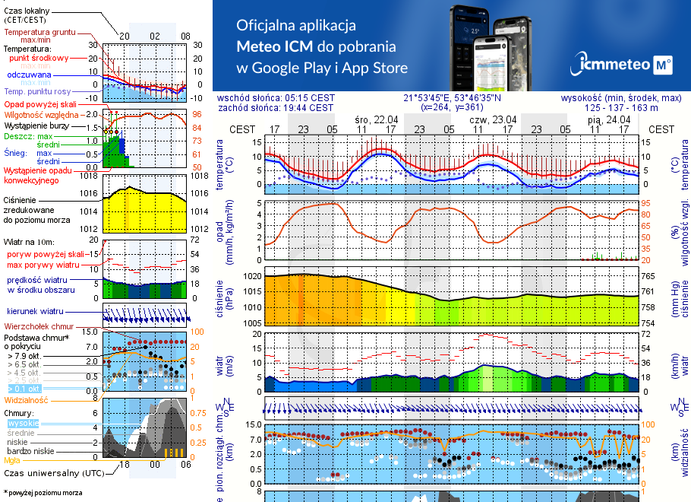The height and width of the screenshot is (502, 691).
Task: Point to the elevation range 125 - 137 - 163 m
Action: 632,107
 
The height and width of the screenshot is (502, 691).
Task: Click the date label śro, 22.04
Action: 376,119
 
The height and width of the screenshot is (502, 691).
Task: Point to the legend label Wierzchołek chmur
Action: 33,326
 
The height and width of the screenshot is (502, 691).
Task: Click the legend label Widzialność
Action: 27,399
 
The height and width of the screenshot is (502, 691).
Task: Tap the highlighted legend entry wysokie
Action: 23,423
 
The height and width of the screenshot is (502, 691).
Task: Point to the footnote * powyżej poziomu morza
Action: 43,493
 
